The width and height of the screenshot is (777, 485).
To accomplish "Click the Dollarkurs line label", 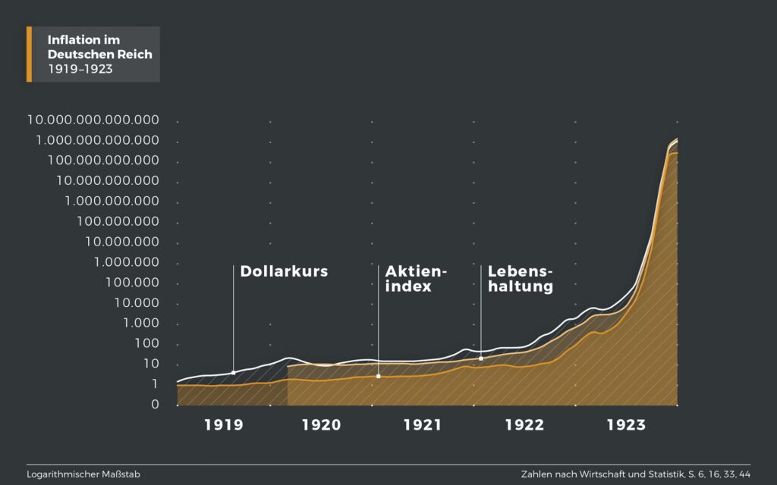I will point(284,271).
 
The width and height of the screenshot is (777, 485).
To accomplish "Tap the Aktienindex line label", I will point(417,279).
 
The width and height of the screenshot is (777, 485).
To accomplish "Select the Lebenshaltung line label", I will point(521,279).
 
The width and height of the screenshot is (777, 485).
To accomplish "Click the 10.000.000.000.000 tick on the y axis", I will point(93,120).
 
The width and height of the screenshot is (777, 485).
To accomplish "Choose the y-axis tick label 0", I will point(155,405).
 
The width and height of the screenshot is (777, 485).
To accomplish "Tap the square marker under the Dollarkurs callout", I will point(233,372).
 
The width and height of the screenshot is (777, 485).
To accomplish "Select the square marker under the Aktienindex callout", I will point(378,376).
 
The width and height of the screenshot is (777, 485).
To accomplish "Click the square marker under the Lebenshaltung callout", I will point(481,358).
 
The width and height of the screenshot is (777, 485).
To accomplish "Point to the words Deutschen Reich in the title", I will point(99,55).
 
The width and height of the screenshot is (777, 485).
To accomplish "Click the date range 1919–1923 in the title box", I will point(75,69).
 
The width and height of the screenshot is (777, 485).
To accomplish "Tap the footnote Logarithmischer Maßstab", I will point(83,474).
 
